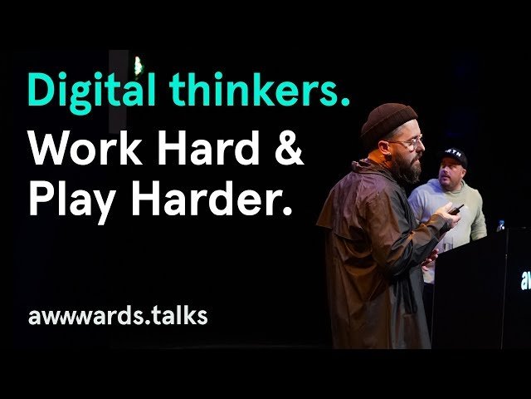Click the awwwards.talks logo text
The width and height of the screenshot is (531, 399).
pos(117,317)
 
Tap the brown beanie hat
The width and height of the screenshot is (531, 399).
pos(388,123)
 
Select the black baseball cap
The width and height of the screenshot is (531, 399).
pos(453,155)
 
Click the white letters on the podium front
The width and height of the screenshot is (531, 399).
pos(525,281)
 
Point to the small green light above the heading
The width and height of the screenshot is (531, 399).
pos(138,65)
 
